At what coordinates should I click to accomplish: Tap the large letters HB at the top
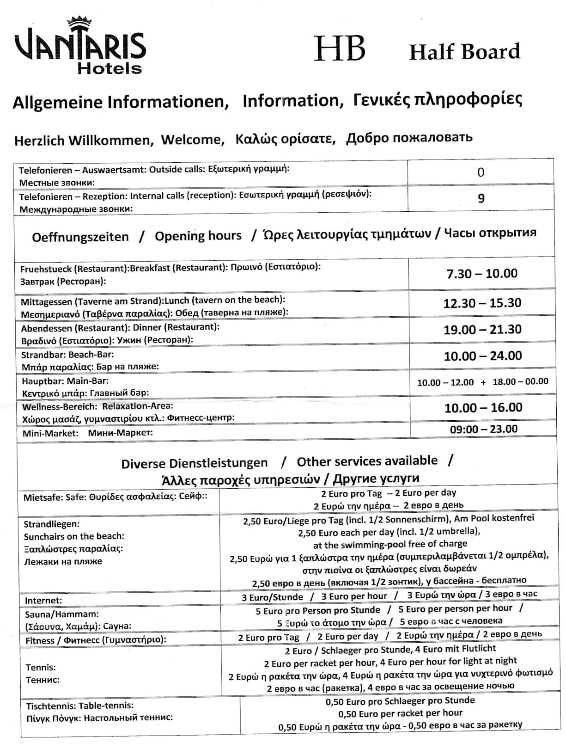click(340, 49)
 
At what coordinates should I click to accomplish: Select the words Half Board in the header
click(464, 51)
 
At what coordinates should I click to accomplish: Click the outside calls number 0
click(481, 172)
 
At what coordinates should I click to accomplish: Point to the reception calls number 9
click(481, 198)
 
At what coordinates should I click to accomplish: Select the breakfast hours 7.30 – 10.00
click(481, 273)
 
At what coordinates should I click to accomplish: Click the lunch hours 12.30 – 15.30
click(482, 303)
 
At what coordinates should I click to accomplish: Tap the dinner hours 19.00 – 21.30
click(482, 329)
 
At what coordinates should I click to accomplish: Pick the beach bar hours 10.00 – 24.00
click(482, 356)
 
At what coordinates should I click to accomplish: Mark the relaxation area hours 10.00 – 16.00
click(483, 407)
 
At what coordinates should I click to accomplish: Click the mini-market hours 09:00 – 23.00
click(483, 429)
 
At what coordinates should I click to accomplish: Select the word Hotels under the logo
click(110, 68)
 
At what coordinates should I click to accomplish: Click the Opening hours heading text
click(198, 236)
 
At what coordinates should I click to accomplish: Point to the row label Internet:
click(43, 601)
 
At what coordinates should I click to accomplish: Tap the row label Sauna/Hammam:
click(61, 614)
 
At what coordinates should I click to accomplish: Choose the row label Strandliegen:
click(51, 524)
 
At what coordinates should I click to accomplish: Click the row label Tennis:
click(41, 667)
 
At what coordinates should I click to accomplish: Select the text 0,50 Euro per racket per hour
click(400, 713)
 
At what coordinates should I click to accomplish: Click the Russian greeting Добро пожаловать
click(409, 138)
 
